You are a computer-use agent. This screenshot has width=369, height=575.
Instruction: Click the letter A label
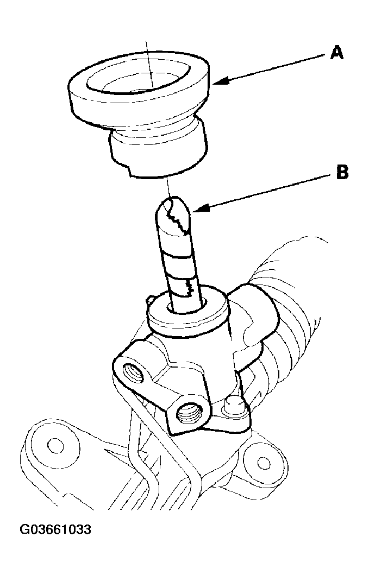point(337,53)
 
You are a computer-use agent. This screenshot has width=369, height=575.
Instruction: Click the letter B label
point(342,172)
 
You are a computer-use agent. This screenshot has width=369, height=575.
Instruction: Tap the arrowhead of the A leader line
point(220,80)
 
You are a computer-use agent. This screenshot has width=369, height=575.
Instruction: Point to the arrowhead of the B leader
point(199,210)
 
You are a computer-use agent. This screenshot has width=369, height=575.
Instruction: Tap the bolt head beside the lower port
point(234,406)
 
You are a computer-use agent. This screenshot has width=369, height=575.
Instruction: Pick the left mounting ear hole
point(55,445)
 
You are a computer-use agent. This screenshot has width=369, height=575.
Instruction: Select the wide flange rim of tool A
point(139,92)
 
